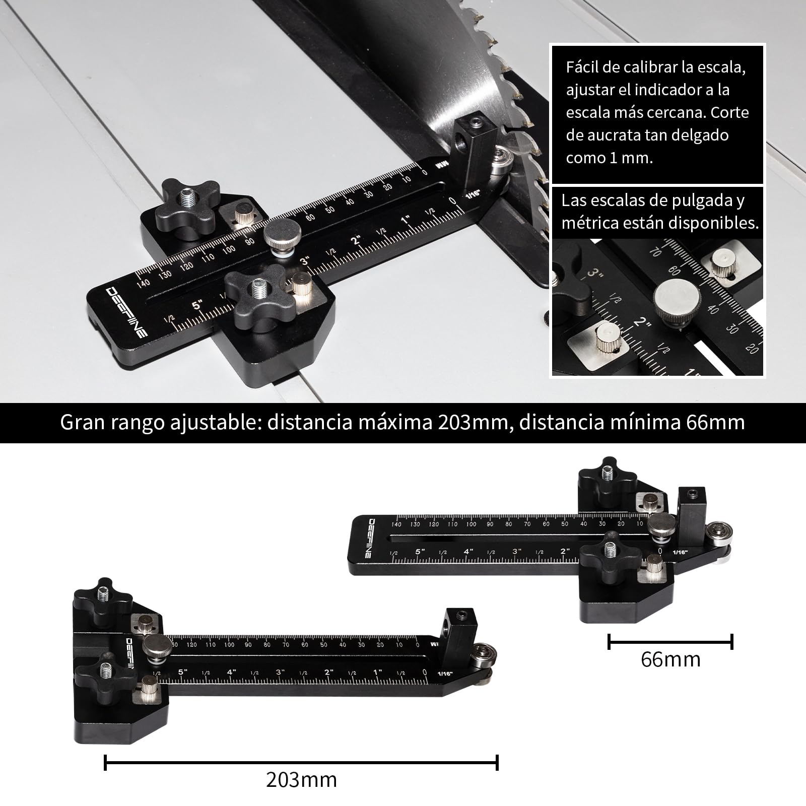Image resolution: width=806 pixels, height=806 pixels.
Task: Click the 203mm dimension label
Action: pyautogui.click(x=301, y=780)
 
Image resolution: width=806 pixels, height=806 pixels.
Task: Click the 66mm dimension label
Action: pyautogui.click(x=670, y=659)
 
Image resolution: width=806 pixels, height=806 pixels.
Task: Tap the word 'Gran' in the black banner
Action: pyautogui.click(x=82, y=423)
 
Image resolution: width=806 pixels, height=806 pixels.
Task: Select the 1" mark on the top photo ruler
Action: pyautogui.click(x=406, y=220)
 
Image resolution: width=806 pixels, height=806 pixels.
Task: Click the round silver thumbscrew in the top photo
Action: pyautogui.click(x=283, y=235)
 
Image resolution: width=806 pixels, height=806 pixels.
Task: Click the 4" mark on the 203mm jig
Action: pyautogui.click(x=231, y=672)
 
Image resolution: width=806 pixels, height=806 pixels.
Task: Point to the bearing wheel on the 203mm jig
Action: pyautogui.click(x=485, y=662)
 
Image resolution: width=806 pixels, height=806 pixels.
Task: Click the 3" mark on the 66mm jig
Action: pyautogui.click(x=517, y=552)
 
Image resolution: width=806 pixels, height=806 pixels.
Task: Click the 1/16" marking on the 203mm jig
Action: pyautogui.click(x=445, y=674)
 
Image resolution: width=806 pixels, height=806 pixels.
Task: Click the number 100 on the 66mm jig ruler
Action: pyautogui.click(x=471, y=524)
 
